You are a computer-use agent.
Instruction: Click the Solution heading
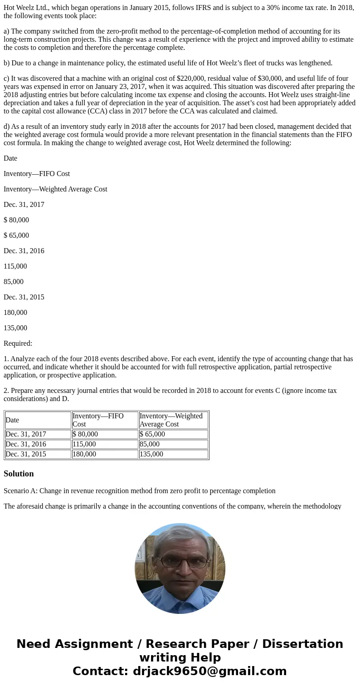pyautogui.click(x=19, y=474)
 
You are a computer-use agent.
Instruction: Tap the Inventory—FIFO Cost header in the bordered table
pyautogui.click(x=98, y=420)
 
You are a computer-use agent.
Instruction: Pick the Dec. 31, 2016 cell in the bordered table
pyautogui.click(x=26, y=444)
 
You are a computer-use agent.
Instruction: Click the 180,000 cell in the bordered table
pyautogui.click(x=84, y=454)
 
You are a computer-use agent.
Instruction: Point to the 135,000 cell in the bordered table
pyautogui.click(x=151, y=454)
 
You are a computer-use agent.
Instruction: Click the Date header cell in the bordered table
pyautogui.click(x=12, y=420)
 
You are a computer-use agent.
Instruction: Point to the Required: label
pyautogui.click(x=18, y=343)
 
